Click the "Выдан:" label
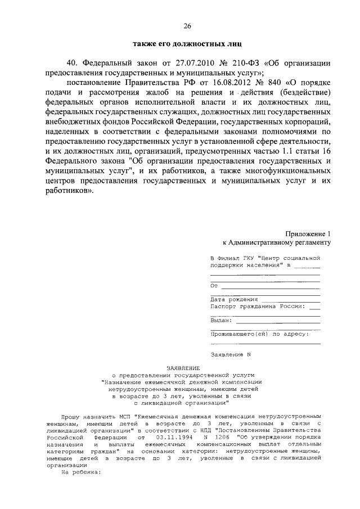point(221,320)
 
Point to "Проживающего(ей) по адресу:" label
point(259,334)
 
